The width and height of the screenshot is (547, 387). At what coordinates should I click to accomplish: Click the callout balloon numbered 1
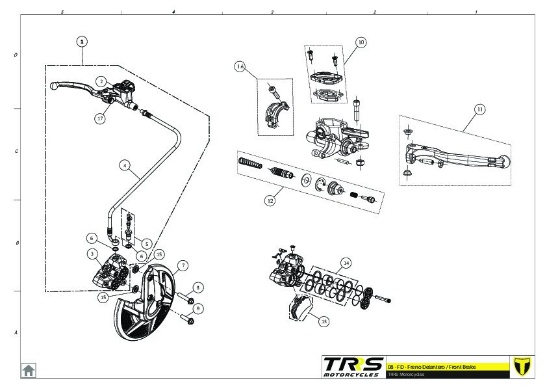(x=82, y=41)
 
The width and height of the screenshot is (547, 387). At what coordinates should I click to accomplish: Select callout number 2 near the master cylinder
(x=101, y=81)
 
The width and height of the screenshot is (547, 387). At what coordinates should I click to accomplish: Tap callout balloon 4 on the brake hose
(x=124, y=165)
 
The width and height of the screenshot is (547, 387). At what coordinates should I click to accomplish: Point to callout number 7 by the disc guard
(x=183, y=265)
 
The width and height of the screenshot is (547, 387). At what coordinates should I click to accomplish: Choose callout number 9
(x=198, y=308)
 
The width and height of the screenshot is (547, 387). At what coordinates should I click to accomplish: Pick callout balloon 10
(x=361, y=42)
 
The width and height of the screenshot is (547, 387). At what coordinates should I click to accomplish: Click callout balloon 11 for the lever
(x=479, y=109)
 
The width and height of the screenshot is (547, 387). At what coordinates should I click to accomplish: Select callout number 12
(x=270, y=201)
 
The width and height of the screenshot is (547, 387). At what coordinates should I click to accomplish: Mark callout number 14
(x=346, y=263)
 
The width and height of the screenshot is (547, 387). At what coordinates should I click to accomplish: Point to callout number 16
(x=240, y=67)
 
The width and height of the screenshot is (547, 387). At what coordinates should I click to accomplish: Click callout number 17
(x=100, y=118)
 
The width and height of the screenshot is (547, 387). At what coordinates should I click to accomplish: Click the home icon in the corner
(x=29, y=370)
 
